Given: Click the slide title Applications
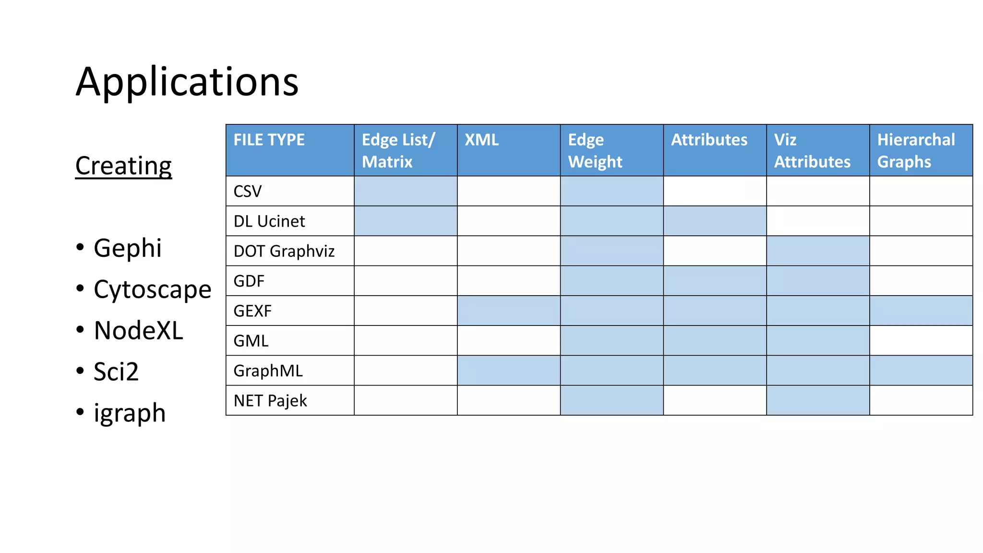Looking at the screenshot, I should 187,82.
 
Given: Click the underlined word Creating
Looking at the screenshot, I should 123,166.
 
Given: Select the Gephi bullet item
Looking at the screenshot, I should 127,248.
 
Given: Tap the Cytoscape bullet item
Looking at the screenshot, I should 152,289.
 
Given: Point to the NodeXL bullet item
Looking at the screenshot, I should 138,331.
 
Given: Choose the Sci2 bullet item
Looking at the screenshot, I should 116,372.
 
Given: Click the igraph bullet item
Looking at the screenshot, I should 130,413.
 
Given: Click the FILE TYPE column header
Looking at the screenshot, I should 269,140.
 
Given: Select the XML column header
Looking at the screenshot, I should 481,140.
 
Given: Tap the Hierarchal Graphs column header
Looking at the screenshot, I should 916,150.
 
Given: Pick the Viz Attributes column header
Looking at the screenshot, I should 812,150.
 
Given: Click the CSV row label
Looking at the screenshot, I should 248,192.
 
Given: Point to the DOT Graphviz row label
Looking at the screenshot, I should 284,251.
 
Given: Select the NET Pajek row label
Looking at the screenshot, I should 270,400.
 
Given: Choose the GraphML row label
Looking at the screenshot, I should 268,371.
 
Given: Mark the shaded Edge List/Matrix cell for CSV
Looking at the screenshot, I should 406,191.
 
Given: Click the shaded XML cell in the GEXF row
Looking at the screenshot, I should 509,311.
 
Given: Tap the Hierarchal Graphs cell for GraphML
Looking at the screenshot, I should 921,371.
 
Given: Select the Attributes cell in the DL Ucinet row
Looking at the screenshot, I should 715,221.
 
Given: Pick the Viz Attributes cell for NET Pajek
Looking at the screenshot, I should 818,400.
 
